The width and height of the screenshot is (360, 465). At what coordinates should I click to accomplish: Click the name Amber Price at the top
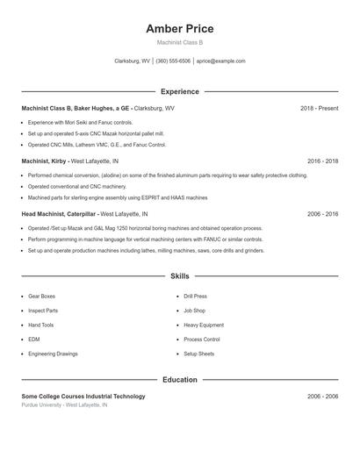(x=179, y=29)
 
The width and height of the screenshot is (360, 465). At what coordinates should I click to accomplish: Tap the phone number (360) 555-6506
(x=173, y=61)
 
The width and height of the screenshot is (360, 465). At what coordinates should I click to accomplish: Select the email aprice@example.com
(x=220, y=61)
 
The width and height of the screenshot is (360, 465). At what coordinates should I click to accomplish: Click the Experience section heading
(x=179, y=91)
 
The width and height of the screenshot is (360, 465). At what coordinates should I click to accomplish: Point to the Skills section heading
(x=179, y=276)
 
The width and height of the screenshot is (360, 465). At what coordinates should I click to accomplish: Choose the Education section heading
(x=179, y=380)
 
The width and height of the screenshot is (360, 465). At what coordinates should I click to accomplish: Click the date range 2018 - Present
(x=319, y=108)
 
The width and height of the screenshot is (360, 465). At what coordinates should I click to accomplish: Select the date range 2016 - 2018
(x=322, y=161)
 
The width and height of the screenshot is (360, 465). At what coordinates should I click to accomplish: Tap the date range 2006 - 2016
(x=322, y=214)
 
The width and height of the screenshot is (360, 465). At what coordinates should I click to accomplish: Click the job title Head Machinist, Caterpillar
(x=59, y=214)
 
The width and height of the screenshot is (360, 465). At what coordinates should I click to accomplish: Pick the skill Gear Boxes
(x=41, y=297)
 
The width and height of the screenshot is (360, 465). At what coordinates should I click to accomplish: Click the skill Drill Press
(x=195, y=297)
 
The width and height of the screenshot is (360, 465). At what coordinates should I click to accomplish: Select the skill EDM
(x=33, y=340)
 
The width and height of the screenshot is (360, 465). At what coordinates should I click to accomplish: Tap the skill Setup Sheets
(x=198, y=354)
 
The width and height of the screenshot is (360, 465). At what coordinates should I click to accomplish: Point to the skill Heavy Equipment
(x=203, y=325)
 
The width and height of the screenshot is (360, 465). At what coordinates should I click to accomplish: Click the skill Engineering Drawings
(x=52, y=354)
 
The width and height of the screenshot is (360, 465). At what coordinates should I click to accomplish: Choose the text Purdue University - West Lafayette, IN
(x=64, y=405)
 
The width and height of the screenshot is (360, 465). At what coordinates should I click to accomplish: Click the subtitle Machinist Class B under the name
(x=179, y=42)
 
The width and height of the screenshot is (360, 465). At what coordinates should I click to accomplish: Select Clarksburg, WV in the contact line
(x=132, y=61)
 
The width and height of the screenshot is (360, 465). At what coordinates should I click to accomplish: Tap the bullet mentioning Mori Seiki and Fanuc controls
(x=80, y=122)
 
